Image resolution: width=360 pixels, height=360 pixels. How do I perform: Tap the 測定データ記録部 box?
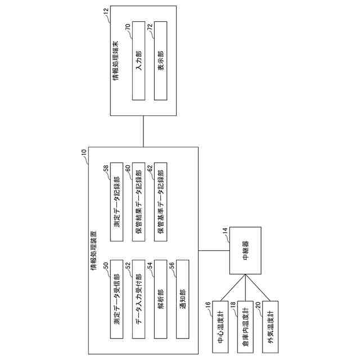(x=116, y=202)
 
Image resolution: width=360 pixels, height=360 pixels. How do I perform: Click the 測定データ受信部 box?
(x=116, y=300)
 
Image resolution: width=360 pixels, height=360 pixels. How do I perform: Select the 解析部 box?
(x=160, y=300)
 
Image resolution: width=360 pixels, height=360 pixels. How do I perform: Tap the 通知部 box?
(x=182, y=300)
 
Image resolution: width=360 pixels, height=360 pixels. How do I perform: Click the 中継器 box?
(x=245, y=251)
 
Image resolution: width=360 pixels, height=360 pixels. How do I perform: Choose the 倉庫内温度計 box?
(x=245, y=326)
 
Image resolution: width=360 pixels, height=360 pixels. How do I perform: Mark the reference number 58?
(x=106, y=168)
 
